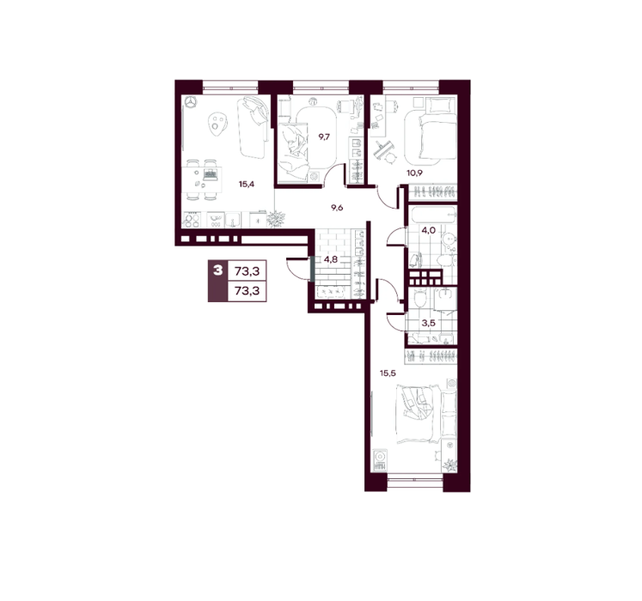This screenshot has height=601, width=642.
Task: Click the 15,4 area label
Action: click(247, 184)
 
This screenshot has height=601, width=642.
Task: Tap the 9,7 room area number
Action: click(324, 137)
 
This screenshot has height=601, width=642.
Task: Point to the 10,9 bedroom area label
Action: click(414, 173)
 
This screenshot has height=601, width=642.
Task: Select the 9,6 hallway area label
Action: click(337, 208)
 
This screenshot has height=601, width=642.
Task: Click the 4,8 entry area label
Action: click(330, 259)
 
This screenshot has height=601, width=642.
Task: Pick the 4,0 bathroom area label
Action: click(428, 230)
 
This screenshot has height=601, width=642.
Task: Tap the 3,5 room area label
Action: click(428, 323)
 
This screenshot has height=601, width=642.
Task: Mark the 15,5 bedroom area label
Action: click(388, 373)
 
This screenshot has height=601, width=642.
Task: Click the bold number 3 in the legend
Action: click(217, 270)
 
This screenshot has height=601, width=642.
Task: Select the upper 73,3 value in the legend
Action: click(247, 270)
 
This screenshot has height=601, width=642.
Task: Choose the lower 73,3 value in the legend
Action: click(247, 291)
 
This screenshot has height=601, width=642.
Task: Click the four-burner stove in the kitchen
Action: click(191, 220)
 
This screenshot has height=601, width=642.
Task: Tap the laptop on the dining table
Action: click(210, 174)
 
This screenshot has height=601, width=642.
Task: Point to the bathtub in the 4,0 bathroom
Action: click(432, 214)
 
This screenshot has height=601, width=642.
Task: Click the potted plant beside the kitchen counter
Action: click(275, 218)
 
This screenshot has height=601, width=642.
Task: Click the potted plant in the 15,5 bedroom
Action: click(449, 465)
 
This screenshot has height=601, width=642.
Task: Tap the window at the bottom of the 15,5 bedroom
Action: click(415, 480)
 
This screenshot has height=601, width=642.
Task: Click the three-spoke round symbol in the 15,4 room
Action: click(191, 102)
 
